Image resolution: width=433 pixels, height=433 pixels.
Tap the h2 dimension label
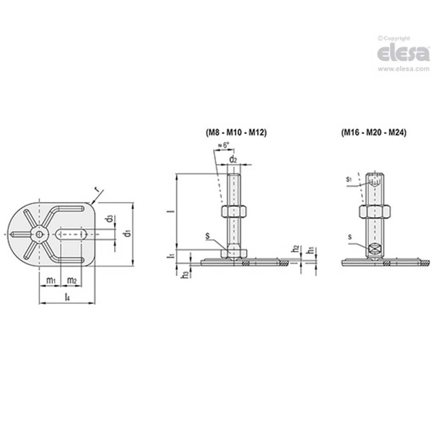point(295,249)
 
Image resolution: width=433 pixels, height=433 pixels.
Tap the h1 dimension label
point(311,250)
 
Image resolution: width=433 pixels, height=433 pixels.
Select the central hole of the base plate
point(39,234)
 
